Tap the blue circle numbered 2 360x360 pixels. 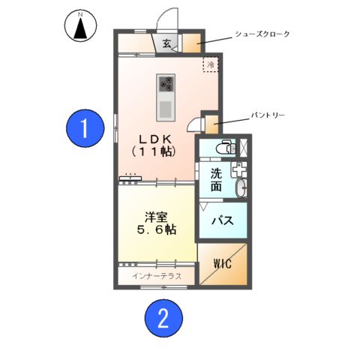(162, 320)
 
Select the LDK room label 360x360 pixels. (154, 144)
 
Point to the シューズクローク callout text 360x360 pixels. (262, 34)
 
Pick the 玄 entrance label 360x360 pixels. (166, 43)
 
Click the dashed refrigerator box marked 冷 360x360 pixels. (211, 65)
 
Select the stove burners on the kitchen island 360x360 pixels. (166, 83)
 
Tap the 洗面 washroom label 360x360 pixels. (216, 178)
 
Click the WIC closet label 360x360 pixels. (223, 264)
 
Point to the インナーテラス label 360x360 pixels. (156, 276)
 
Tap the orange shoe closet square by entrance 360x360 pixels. (190, 42)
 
